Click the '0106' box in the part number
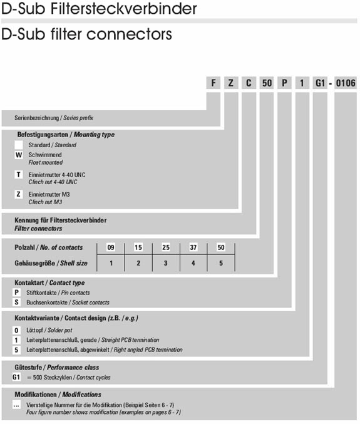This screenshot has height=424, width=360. (x=346, y=83)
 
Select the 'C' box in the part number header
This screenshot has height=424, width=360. (x=249, y=83)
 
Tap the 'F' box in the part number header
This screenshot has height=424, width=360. (x=213, y=83)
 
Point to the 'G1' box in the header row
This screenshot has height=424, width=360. (x=320, y=83)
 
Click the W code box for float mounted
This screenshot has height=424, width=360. (x=19, y=155)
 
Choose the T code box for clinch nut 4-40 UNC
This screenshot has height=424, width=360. (x=19, y=175)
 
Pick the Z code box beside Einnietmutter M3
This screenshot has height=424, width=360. (x=19, y=194)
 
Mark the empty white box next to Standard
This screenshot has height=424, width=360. (x=19, y=145)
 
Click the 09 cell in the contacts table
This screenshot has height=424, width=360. (x=111, y=247)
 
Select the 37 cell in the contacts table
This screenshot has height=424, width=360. (x=193, y=247)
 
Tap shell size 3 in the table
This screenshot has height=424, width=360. (x=166, y=263)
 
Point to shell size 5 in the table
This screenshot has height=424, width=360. (x=221, y=263)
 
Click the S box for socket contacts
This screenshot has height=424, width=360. (x=16, y=302)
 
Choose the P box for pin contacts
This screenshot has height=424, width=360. (x=16, y=292)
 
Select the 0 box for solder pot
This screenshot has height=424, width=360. (x=16, y=330)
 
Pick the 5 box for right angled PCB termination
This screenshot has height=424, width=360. (x=16, y=350)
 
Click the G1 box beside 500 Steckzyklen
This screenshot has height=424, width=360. (x=16, y=377)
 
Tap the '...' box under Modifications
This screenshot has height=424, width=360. (x=16, y=405)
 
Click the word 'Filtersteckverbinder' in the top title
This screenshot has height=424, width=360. (x=124, y=8)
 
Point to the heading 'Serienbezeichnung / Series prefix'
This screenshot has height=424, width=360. (x=54, y=118)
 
